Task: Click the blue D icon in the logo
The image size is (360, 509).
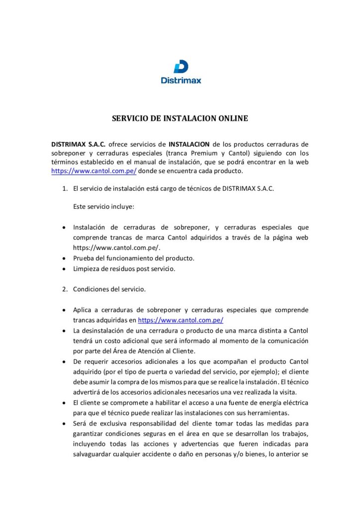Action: click(181, 67)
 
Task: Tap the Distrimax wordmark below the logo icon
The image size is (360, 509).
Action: click(181, 80)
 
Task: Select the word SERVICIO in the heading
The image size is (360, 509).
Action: click(131, 119)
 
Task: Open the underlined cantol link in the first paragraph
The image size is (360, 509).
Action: click(94, 171)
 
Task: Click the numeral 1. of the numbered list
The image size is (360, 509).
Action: click(65, 189)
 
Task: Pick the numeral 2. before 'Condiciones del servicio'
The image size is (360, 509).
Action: click(65, 289)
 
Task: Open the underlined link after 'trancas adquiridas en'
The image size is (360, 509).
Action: click(180, 320)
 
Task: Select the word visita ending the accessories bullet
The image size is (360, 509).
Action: click(286, 392)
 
